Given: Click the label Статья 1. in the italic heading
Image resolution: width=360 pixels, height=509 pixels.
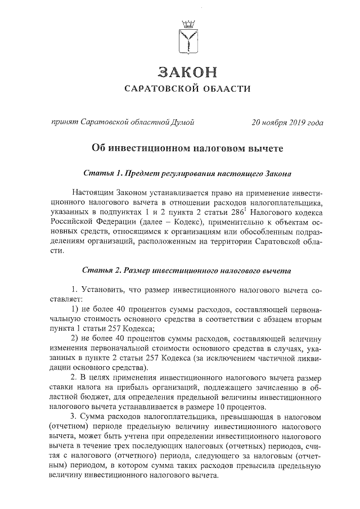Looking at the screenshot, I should [103, 173].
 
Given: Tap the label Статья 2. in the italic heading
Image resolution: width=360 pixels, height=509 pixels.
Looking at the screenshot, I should [103, 271].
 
